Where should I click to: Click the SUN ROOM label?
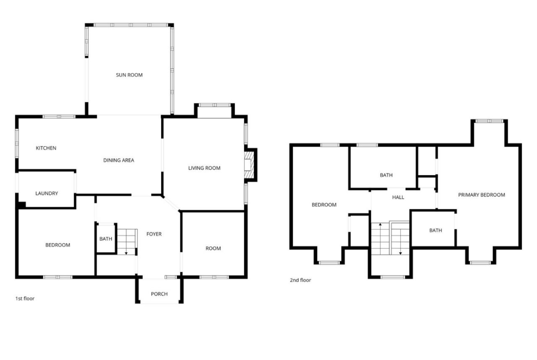tap(129, 75)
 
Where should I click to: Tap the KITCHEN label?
tap(46, 148)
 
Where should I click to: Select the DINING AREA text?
tap(118, 160)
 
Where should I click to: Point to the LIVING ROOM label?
tap(204, 168)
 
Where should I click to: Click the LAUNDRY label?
tap(46, 194)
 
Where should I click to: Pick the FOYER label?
tap(154, 234)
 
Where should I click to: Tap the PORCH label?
tap(159, 294)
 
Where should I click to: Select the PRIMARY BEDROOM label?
tap(481, 195)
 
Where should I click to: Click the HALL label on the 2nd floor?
tap(398, 198)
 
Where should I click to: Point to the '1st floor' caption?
tap(25, 299)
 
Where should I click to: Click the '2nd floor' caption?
tap(300, 280)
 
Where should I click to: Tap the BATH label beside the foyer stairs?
tap(106, 239)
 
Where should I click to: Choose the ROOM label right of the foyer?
tap(213, 249)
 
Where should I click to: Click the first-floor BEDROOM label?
tap(57, 245)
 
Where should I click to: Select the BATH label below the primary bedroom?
tap(435, 231)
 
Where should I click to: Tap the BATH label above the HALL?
tap(386, 175)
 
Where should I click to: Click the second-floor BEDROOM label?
tap(324, 205)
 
